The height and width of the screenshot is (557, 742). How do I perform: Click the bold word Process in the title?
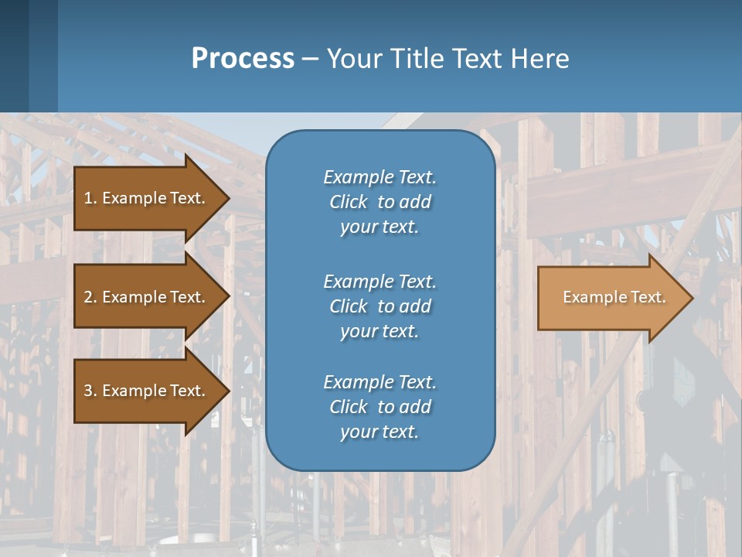(243, 59)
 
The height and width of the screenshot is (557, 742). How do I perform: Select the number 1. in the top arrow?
(90, 198)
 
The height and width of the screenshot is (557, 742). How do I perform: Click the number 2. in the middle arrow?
(90, 297)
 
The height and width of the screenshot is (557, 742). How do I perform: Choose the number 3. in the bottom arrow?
(90, 391)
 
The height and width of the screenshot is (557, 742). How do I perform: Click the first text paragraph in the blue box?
(380, 202)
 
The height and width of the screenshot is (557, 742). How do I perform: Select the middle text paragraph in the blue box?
(380, 306)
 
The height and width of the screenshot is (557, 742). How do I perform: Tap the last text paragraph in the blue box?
(380, 407)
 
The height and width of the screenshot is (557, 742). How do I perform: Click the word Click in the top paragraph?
(348, 202)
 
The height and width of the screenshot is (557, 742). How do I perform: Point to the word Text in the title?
(477, 59)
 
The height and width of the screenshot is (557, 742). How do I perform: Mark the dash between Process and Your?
(310, 59)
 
